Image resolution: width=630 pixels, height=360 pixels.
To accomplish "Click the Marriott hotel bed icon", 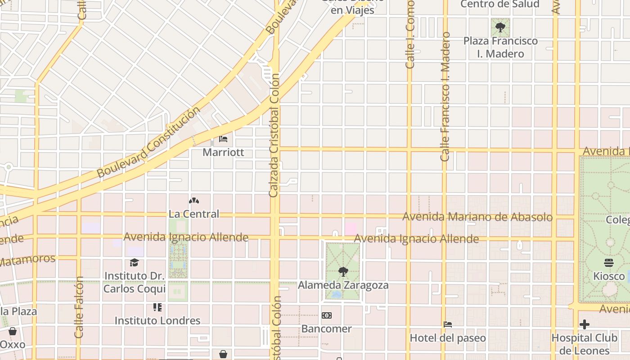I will (x=223, y=139).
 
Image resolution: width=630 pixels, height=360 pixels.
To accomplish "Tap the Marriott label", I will (x=223, y=152).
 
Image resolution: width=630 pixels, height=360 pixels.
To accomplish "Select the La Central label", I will (x=193, y=214).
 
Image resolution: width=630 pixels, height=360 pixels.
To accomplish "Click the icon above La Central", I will (x=193, y=201).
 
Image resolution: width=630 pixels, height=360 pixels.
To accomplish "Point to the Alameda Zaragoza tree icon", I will (x=343, y=272).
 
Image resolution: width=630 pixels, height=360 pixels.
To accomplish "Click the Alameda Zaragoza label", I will (x=343, y=285).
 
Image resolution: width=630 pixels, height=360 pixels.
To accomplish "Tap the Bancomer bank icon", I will (x=326, y=315).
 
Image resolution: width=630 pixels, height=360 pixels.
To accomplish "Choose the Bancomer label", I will (x=326, y=328).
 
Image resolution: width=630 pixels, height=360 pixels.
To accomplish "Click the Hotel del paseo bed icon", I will (x=447, y=324).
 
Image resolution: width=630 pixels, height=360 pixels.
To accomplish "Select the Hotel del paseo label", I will (x=447, y=337).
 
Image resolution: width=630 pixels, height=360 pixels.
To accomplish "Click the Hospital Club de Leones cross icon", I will (x=585, y=324).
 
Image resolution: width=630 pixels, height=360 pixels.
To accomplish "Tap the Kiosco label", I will (x=608, y=275).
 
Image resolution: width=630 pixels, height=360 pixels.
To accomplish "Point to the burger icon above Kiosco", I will (x=608, y=262).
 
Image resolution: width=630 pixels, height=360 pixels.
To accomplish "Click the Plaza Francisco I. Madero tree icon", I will (x=500, y=28).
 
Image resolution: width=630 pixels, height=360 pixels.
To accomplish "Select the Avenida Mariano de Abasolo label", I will (x=477, y=217).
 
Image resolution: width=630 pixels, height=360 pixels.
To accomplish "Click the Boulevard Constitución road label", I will (x=148, y=142).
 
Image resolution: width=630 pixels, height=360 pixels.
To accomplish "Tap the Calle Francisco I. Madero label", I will (x=445, y=97).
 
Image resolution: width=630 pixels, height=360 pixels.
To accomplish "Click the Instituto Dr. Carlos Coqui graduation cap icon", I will (x=134, y=262).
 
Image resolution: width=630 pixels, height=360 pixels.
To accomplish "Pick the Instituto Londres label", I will (x=157, y=320).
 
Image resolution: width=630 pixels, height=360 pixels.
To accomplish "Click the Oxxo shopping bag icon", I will (x=13, y=332).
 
